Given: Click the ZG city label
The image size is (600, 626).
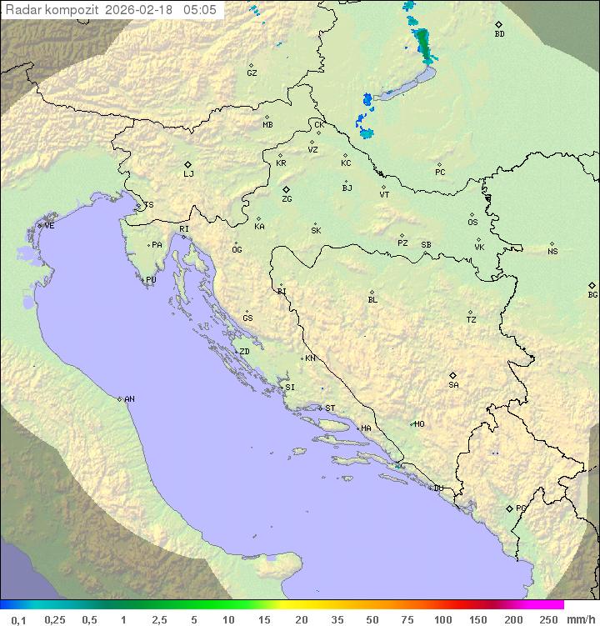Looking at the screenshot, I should (287, 199).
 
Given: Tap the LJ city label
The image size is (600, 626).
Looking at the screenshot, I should (188, 174).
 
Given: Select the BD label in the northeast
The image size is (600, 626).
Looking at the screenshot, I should (499, 34).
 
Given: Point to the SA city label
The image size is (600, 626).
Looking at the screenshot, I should (453, 385).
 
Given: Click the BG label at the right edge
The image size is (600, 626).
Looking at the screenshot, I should (592, 294).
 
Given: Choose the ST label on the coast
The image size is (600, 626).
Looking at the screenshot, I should (330, 408).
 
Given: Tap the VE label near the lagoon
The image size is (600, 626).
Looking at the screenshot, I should (49, 226).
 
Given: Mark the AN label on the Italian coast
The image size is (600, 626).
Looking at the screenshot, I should (129, 399).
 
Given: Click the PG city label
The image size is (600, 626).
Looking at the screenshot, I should (521, 508).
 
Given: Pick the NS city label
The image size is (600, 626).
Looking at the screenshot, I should (552, 252).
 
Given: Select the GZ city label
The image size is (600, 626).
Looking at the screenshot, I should (252, 73).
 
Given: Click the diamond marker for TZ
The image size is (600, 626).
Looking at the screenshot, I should (471, 313).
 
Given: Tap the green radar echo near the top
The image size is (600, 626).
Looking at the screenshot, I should (425, 46).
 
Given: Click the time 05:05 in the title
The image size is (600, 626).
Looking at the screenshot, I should (200, 10).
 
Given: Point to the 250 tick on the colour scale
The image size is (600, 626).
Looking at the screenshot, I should (548, 619).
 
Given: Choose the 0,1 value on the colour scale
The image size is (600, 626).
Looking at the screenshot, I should (18, 619).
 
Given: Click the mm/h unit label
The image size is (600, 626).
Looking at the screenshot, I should (579, 619).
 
